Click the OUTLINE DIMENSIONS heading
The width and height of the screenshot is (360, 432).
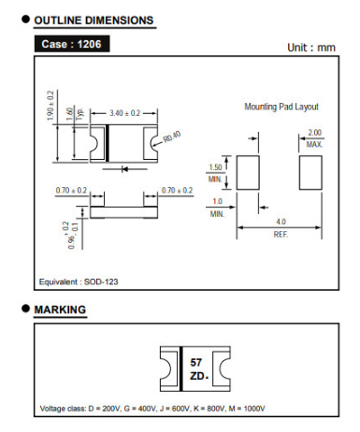(94, 21)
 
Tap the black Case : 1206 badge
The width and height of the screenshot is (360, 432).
(72, 44)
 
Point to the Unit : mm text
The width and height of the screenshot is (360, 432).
(311, 48)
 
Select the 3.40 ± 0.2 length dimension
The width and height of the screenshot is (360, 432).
(124, 113)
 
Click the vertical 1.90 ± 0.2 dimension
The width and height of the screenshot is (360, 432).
(50, 106)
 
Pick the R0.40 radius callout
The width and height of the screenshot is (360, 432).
(172, 137)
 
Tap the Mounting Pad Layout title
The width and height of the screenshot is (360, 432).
(281, 107)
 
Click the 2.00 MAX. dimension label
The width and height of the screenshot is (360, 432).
(314, 138)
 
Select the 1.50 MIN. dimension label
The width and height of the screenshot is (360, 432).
(215, 173)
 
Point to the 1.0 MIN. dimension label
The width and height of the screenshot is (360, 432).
(217, 208)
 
